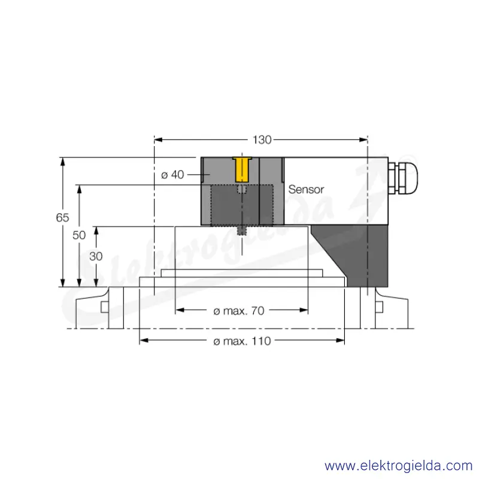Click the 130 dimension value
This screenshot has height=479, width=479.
[x=262, y=140]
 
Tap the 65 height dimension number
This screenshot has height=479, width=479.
[x=62, y=217]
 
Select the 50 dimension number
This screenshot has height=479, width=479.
[x=79, y=235]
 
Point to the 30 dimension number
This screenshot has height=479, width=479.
[x=96, y=256]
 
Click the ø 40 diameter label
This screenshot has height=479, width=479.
[x=172, y=175]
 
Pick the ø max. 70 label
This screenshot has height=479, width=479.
[x=239, y=311]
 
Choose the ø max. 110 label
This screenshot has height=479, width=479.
[x=242, y=341]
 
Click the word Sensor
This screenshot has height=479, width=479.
[x=306, y=189]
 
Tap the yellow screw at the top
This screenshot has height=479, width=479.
[x=242, y=169]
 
